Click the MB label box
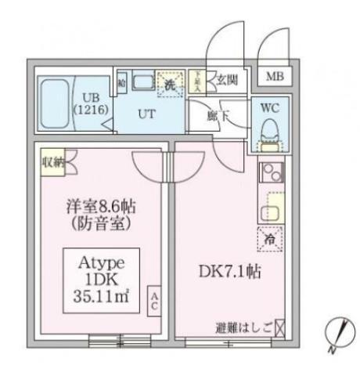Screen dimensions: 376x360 tap(275, 77)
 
